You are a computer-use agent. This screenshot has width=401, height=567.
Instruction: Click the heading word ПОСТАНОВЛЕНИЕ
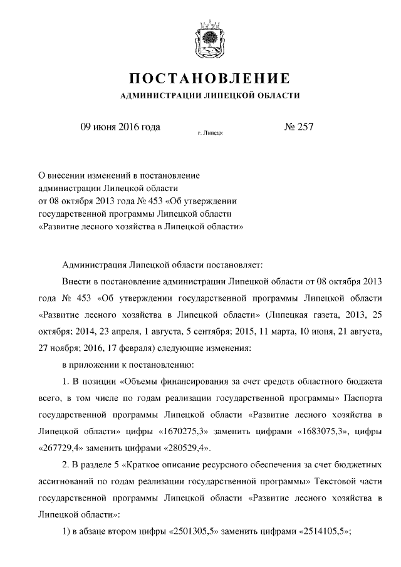click(209, 80)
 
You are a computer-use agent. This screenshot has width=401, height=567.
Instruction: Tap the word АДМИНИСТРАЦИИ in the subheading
click(156, 96)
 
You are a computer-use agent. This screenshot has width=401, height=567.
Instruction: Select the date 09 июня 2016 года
click(120, 127)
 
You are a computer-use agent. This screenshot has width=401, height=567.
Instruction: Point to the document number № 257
click(298, 127)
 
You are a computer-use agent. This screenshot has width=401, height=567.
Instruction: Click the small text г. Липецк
click(210, 133)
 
